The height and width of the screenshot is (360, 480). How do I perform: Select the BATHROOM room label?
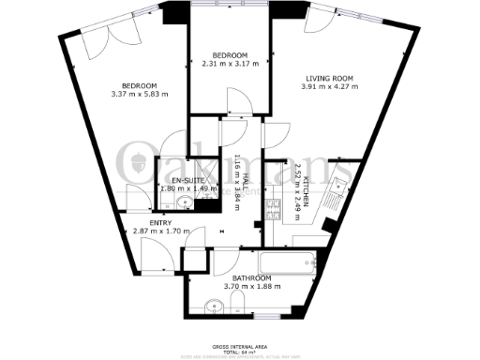(252, 278)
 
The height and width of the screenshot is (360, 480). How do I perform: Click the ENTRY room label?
(161, 221)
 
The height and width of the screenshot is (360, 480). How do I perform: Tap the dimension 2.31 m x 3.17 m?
(230, 64)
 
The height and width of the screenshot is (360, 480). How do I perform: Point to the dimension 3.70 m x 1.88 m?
(252, 287)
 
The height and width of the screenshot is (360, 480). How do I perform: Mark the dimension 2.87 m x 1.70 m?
(161, 231)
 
